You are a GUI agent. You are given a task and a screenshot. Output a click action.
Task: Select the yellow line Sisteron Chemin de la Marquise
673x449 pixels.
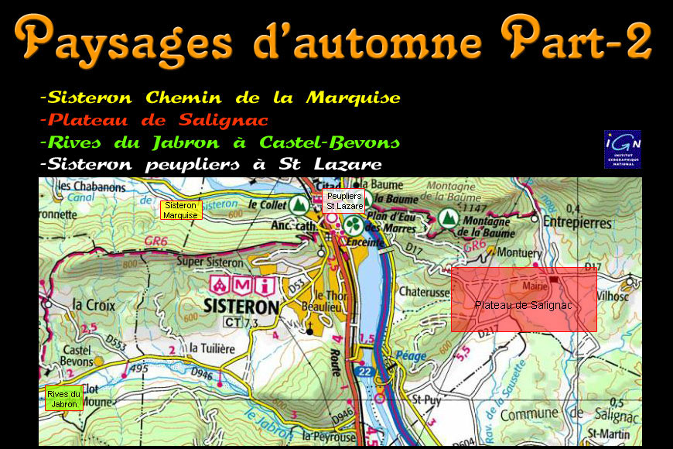220,98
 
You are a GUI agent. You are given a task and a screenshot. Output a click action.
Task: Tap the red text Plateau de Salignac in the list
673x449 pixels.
154,120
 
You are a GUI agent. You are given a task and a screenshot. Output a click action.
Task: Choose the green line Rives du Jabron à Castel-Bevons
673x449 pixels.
220,142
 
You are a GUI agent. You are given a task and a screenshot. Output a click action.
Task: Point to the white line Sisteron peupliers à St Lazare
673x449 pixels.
210,164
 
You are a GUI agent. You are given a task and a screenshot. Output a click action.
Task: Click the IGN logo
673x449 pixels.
623,149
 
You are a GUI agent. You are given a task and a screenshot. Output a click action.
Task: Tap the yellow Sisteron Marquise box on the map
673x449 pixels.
181,210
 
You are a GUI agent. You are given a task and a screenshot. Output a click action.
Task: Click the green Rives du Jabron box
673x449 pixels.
63,399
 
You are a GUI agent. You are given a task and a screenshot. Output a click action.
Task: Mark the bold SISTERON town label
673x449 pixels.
241,306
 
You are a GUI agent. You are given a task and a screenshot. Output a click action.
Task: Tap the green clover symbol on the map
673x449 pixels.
353,225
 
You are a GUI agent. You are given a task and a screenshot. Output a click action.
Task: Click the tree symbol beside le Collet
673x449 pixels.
298,205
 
